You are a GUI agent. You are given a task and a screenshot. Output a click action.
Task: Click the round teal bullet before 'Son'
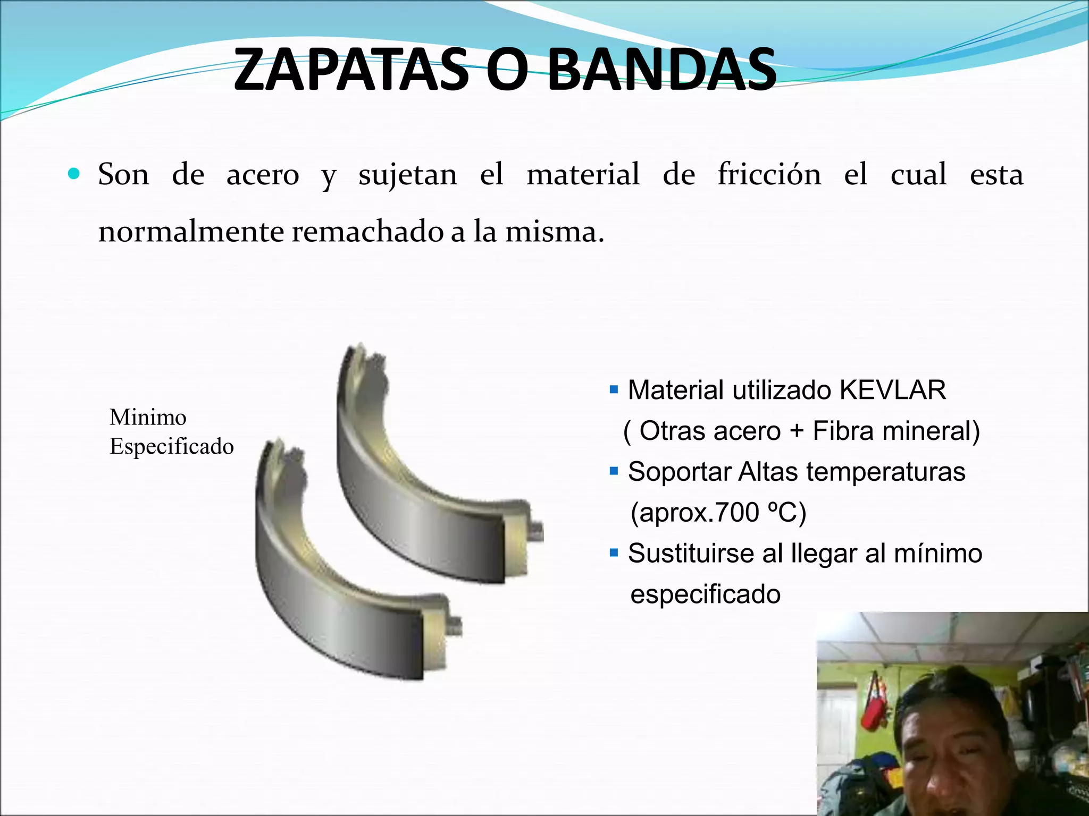point(74,174)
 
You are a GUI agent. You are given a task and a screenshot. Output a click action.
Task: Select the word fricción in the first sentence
point(769,174)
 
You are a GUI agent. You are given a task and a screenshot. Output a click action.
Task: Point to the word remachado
point(367,232)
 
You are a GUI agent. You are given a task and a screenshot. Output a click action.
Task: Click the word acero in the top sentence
point(263,174)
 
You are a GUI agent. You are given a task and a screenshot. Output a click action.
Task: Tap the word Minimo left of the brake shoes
point(148,418)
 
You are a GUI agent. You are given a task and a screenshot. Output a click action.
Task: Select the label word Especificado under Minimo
point(171,446)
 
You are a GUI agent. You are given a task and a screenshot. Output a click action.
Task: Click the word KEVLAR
point(893,390)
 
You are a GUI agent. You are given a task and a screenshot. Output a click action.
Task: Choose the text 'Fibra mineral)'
point(897,431)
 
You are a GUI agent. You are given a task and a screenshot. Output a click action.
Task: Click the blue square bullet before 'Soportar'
point(614,471)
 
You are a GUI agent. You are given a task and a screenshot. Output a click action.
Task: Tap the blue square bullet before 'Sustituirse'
point(614,553)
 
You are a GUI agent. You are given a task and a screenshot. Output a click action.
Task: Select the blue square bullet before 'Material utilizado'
point(614,390)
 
